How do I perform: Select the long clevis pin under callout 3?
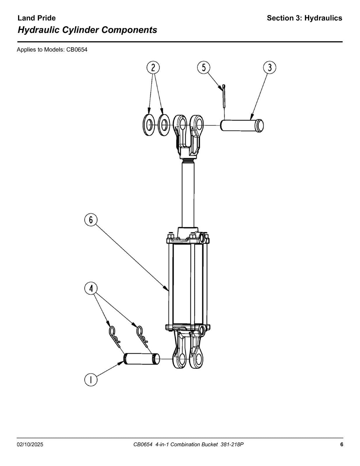pyautogui.click(x=242, y=126)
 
